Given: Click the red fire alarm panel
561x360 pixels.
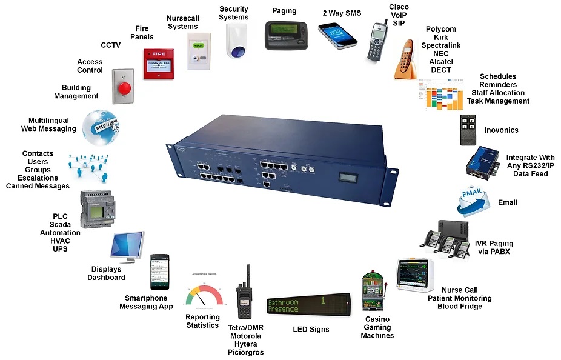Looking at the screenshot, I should (158, 64).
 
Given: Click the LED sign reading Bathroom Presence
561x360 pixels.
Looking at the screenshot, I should (309, 305).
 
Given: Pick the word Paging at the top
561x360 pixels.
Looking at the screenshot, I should (284, 10).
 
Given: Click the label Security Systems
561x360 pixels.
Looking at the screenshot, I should (234, 13).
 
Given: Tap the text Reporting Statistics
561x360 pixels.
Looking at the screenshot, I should (202, 321).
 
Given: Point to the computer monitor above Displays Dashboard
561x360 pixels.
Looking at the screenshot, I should (126, 247).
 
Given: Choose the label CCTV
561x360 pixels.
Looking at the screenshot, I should (111, 45).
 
